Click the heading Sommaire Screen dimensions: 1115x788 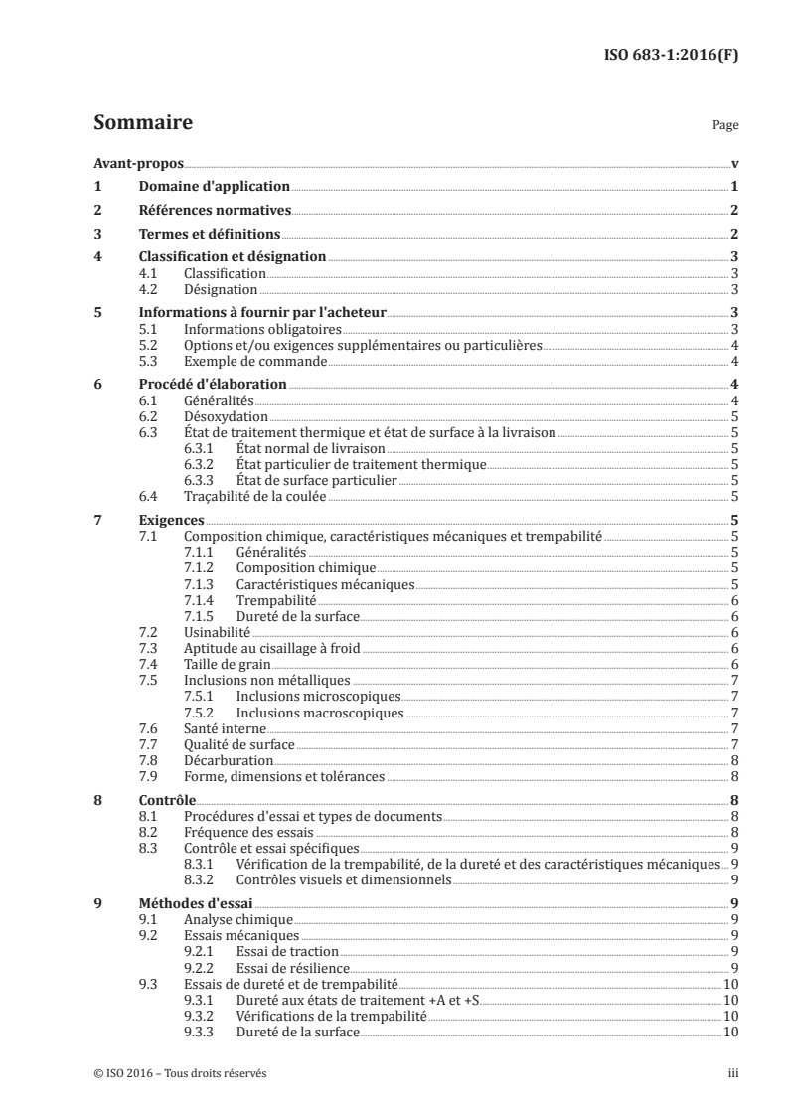(142, 124)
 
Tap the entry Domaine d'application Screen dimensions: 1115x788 (213, 187)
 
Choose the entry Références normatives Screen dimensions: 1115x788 (213, 210)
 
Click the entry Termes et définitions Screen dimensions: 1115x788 (208, 234)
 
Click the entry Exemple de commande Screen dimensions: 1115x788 (246, 360)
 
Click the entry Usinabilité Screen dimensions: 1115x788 (217, 632)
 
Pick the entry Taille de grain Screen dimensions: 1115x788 (227, 664)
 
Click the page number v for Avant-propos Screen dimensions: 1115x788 (733, 164)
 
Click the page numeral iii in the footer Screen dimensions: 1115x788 (732, 1072)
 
